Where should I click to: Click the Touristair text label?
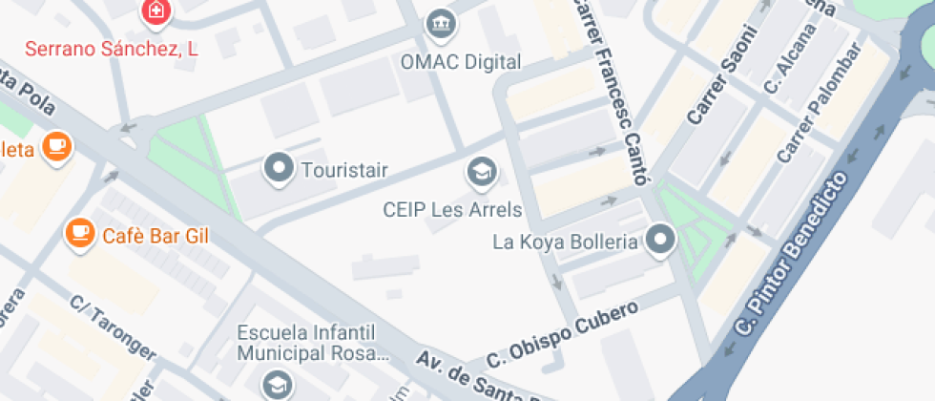344,171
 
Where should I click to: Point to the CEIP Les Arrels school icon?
481,172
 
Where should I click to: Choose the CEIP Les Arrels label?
452,210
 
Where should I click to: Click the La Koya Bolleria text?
564,242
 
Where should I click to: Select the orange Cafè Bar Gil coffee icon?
79,232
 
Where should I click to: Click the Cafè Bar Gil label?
156,235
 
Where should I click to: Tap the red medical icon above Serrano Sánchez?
154,11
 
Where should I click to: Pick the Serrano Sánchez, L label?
111,50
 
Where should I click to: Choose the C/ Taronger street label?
114,327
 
